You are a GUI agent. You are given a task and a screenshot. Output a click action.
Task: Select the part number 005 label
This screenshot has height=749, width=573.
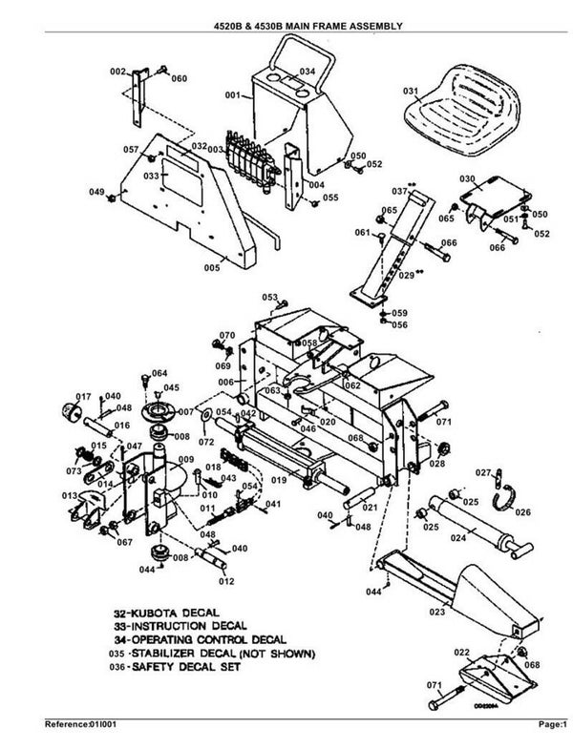click(x=212, y=268)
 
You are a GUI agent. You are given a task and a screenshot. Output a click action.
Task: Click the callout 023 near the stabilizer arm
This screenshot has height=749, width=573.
click(x=437, y=612)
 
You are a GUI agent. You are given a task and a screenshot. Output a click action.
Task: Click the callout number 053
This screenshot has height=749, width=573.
click(x=269, y=299)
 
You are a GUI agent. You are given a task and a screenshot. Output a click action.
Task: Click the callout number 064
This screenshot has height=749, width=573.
click(x=159, y=372)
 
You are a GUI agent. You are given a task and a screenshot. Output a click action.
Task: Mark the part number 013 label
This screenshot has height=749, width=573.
click(x=69, y=496)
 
